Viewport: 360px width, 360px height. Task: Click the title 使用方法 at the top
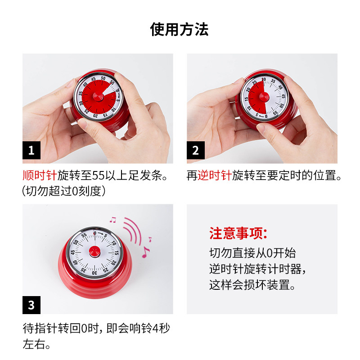[180, 30]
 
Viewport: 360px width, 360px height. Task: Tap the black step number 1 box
[31, 150]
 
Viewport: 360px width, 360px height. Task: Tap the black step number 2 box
[195, 150]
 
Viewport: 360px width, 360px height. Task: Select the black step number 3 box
[31, 305]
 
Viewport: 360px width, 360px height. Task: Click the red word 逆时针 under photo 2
[215, 175]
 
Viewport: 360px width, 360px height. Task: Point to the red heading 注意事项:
[238, 234]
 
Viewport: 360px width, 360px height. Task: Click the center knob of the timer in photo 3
[94, 251]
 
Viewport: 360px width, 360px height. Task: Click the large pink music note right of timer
[146, 252]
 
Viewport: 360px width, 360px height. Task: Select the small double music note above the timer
[113, 220]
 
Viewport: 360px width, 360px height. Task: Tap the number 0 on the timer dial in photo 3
[94, 232]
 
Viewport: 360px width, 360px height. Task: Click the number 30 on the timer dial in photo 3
[94, 272]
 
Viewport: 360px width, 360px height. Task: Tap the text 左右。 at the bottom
[36, 345]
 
